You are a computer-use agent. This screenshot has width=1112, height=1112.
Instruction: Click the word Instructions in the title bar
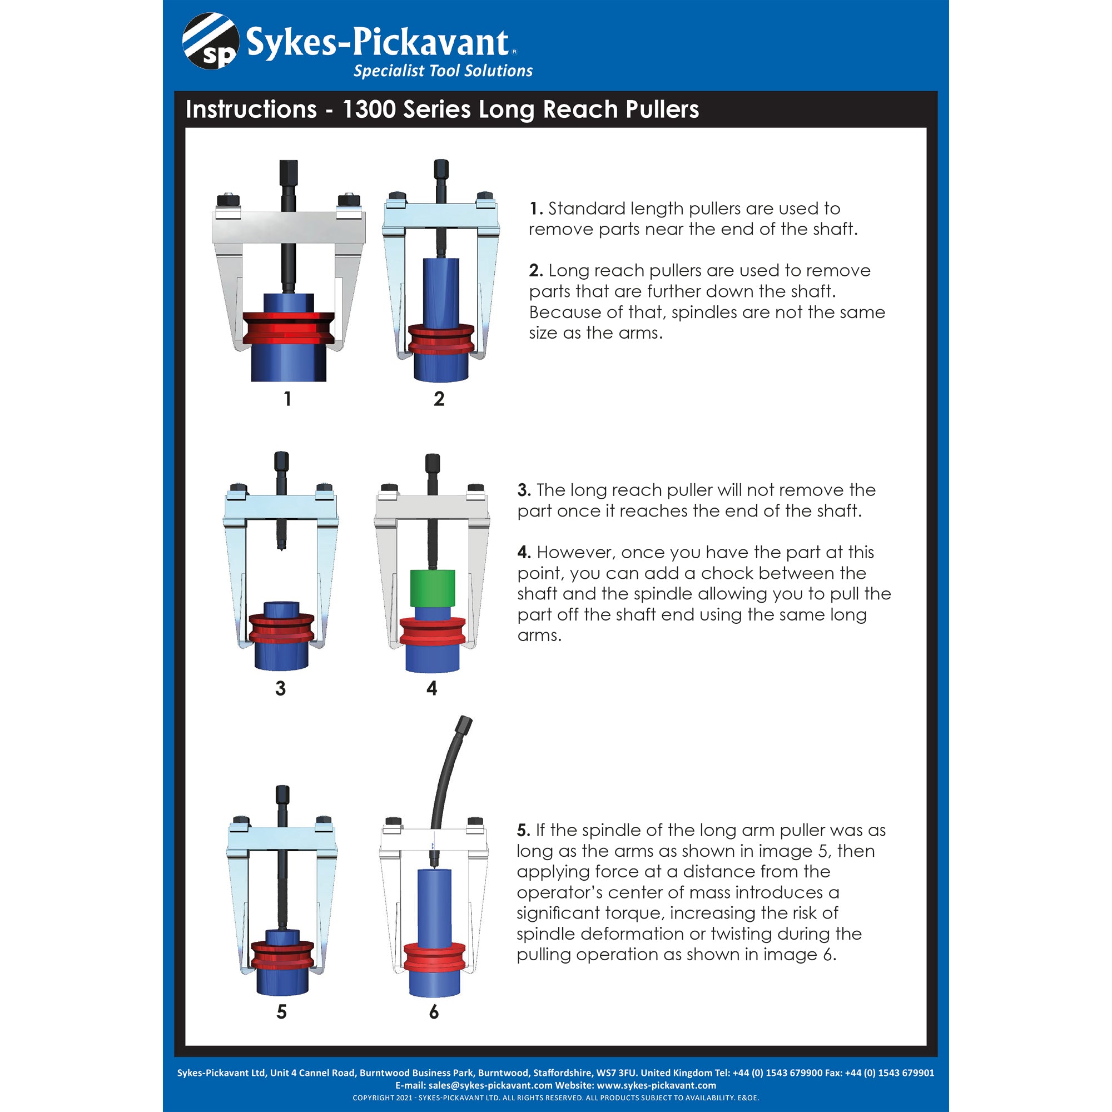251,110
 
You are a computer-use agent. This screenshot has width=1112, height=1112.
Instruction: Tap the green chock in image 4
432,588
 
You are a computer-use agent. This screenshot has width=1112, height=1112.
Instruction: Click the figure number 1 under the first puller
287,398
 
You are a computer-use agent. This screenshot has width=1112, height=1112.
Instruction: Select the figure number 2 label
439,398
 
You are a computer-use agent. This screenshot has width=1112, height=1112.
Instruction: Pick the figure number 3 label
280,688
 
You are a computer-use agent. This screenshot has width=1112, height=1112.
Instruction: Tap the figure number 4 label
431,688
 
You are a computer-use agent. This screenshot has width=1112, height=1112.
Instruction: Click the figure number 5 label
281,1011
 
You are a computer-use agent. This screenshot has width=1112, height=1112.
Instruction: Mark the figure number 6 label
434,1011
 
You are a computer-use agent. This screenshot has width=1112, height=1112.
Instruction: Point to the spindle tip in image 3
281,544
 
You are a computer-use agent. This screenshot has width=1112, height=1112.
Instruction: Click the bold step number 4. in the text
524,553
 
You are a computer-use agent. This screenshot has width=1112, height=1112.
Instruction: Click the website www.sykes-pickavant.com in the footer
656,1085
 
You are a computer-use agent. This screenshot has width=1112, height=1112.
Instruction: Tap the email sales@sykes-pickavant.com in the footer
490,1085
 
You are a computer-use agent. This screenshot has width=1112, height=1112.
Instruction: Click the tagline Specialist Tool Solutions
443,71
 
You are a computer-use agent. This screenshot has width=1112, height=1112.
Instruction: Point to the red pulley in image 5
282,956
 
